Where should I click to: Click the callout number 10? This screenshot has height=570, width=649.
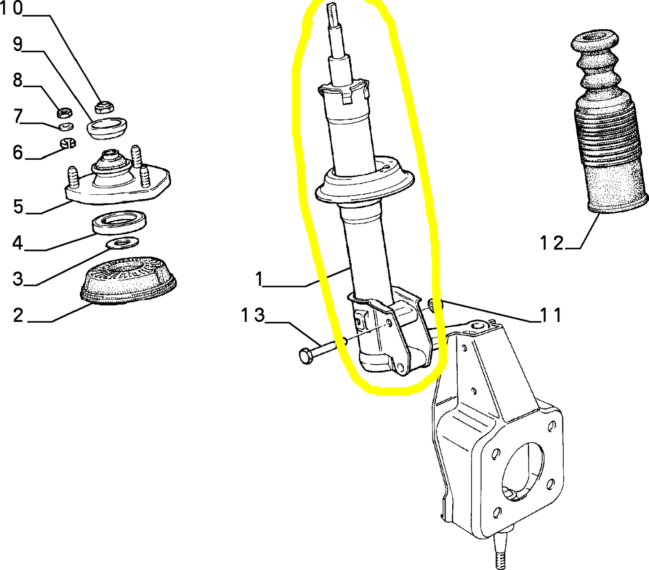coord(12,8)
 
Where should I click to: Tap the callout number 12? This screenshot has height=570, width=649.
coord(551,243)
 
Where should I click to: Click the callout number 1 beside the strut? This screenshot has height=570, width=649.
coord(260,279)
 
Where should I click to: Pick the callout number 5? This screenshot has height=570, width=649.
coord(18,206)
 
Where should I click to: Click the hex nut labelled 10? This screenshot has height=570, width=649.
coord(104,107)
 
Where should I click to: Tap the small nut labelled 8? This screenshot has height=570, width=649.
coord(64,113)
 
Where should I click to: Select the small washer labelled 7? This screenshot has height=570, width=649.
coord(66,127)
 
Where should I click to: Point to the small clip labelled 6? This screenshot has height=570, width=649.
coord(68,144)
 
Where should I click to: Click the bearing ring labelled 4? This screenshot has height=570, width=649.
coord(119,223)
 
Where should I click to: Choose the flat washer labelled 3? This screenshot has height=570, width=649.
coord(122,243)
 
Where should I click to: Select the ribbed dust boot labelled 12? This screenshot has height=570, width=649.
coord(610,122)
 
